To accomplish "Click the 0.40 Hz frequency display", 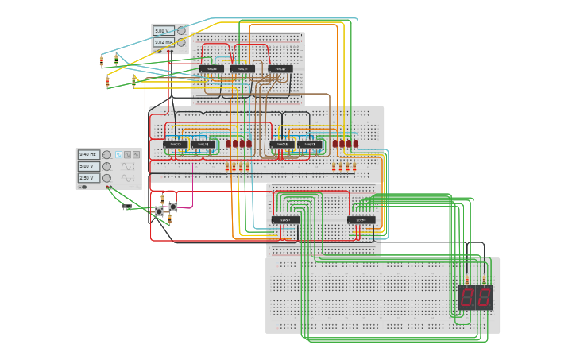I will pos(87,154).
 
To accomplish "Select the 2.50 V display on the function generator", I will pos(87,178).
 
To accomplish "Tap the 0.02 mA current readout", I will pos(163,42).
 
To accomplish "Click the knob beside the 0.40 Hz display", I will pos(106,155).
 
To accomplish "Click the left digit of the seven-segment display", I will pos(467,297).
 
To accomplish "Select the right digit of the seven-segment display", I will pos(484,297).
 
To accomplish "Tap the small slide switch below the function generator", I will pos(126,207).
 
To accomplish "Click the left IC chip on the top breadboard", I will pos(211,69).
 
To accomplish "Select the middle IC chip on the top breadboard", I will pos(243,69).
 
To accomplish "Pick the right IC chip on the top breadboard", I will pos(280,69).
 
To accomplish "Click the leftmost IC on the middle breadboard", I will pos(176,145).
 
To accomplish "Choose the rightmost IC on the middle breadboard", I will pos(310,145).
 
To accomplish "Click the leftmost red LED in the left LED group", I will pos(228,144).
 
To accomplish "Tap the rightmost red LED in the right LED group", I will pos(355,144).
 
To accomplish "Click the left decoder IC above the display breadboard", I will pos(285,220).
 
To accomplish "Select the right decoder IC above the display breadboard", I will pos(361,220).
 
